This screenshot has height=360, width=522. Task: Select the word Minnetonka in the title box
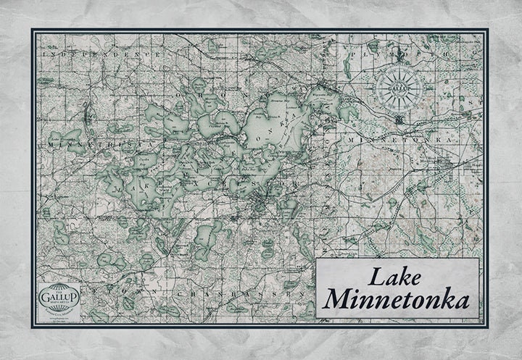click(396, 299)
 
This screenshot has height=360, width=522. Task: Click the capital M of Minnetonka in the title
click(338, 299)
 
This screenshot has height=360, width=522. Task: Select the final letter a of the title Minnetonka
click(462, 301)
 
